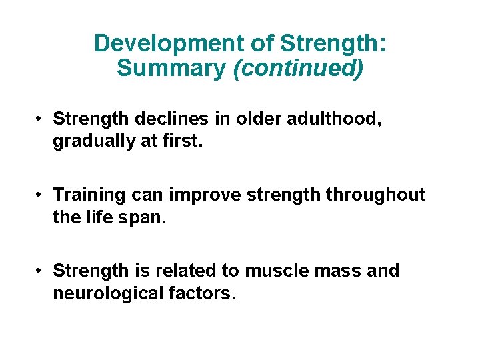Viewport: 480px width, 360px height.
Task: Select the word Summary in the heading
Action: coord(171,68)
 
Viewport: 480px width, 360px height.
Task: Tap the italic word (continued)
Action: coord(298,68)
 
